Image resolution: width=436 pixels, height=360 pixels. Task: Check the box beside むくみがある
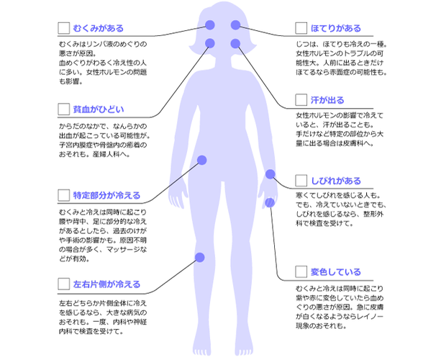[x=64, y=28]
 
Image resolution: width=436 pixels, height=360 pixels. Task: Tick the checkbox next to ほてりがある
[x=301, y=28]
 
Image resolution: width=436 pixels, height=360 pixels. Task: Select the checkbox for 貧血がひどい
[x=64, y=109]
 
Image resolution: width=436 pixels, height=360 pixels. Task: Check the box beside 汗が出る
[x=301, y=100]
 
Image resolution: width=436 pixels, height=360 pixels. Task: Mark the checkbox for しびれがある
[x=301, y=181]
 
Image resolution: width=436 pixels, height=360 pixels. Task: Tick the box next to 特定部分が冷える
[x=64, y=195]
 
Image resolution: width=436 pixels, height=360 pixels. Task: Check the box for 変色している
[x=301, y=272]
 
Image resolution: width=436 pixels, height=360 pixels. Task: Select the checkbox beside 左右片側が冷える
[x=64, y=284]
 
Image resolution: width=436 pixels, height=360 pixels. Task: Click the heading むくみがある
[x=98, y=28]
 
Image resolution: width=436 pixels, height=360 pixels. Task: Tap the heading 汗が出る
[x=327, y=100]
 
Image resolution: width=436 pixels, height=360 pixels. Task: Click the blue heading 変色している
[x=335, y=272]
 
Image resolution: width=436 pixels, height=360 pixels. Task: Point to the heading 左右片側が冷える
[x=106, y=284]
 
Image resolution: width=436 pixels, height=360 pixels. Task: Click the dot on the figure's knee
[x=199, y=257]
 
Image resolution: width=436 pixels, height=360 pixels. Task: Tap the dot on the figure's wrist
[x=271, y=174]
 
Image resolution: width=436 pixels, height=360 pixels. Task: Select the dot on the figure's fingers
[x=270, y=202]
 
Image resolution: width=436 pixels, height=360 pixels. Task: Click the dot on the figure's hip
[x=202, y=160]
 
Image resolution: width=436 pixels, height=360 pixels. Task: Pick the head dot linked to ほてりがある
[x=235, y=25]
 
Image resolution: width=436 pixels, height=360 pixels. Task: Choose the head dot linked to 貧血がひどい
[x=210, y=43]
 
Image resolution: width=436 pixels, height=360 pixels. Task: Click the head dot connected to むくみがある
[x=210, y=25]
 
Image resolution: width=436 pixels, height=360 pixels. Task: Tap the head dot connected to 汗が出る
[x=235, y=43]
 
